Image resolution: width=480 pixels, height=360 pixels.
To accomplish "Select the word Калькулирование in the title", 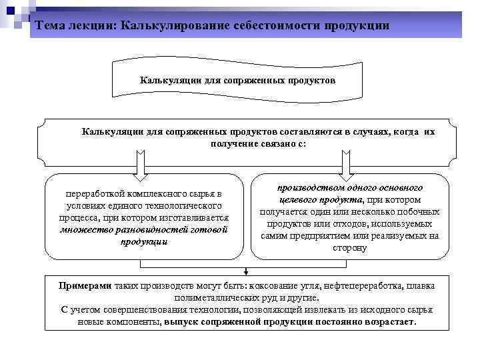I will pos(177,25).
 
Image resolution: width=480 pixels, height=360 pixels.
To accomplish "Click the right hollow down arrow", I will pos(345,163).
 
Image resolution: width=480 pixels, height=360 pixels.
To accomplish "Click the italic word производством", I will pos(308,188).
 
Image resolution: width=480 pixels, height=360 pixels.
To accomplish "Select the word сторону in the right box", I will pos(349,248).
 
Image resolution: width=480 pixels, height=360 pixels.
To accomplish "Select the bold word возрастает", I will pos(391,321).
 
